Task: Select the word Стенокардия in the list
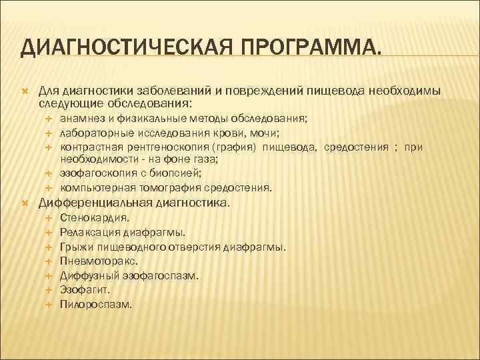coord(95,217)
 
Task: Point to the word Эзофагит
coord(85,290)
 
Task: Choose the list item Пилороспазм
coord(96,305)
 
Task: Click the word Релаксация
coord(89,232)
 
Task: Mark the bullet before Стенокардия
coord(49,217)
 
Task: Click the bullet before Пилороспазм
coord(49,305)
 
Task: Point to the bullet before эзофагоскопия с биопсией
coord(49,174)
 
